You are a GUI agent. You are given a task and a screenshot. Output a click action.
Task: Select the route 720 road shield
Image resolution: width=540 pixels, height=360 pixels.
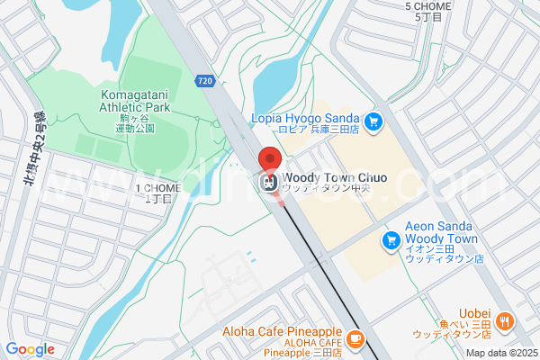coord(204,81)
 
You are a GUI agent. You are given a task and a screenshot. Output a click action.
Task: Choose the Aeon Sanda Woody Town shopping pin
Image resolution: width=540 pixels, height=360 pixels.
coord(391,239)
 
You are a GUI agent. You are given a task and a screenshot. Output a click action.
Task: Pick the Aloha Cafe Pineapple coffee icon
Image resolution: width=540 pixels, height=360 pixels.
coord(355,338)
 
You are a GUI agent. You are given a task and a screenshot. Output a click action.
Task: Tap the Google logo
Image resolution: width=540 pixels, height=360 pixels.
coord(30,348)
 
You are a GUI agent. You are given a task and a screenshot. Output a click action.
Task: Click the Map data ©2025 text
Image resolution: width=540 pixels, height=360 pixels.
coord(500,353)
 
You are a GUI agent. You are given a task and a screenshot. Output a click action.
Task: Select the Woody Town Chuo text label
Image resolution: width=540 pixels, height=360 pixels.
coord(334,177)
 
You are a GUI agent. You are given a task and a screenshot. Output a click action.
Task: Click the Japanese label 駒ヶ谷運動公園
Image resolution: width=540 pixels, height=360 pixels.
coord(135,123)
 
